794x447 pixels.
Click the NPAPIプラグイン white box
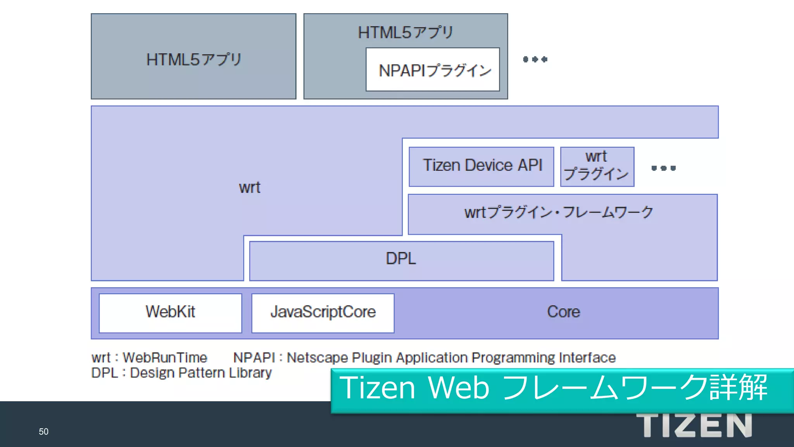[x=433, y=70]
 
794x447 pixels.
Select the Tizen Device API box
[x=481, y=166]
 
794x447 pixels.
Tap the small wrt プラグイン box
[x=597, y=166]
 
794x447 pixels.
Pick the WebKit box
[x=170, y=313]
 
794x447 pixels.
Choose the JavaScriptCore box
[x=323, y=313]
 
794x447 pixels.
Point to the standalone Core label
[x=563, y=312]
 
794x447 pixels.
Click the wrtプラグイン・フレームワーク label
[x=559, y=213]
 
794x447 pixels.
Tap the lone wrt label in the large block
[x=249, y=188]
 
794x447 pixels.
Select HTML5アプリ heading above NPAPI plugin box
[x=405, y=33]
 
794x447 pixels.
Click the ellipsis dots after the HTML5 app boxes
[x=535, y=59]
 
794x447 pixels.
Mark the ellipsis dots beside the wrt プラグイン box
[x=663, y=168]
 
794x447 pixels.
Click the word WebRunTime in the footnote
[x=165, y=357]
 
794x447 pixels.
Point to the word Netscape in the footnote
[x=317, y=357]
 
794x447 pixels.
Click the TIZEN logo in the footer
[x=694, y=426]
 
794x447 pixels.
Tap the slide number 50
[x=43, y=431]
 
